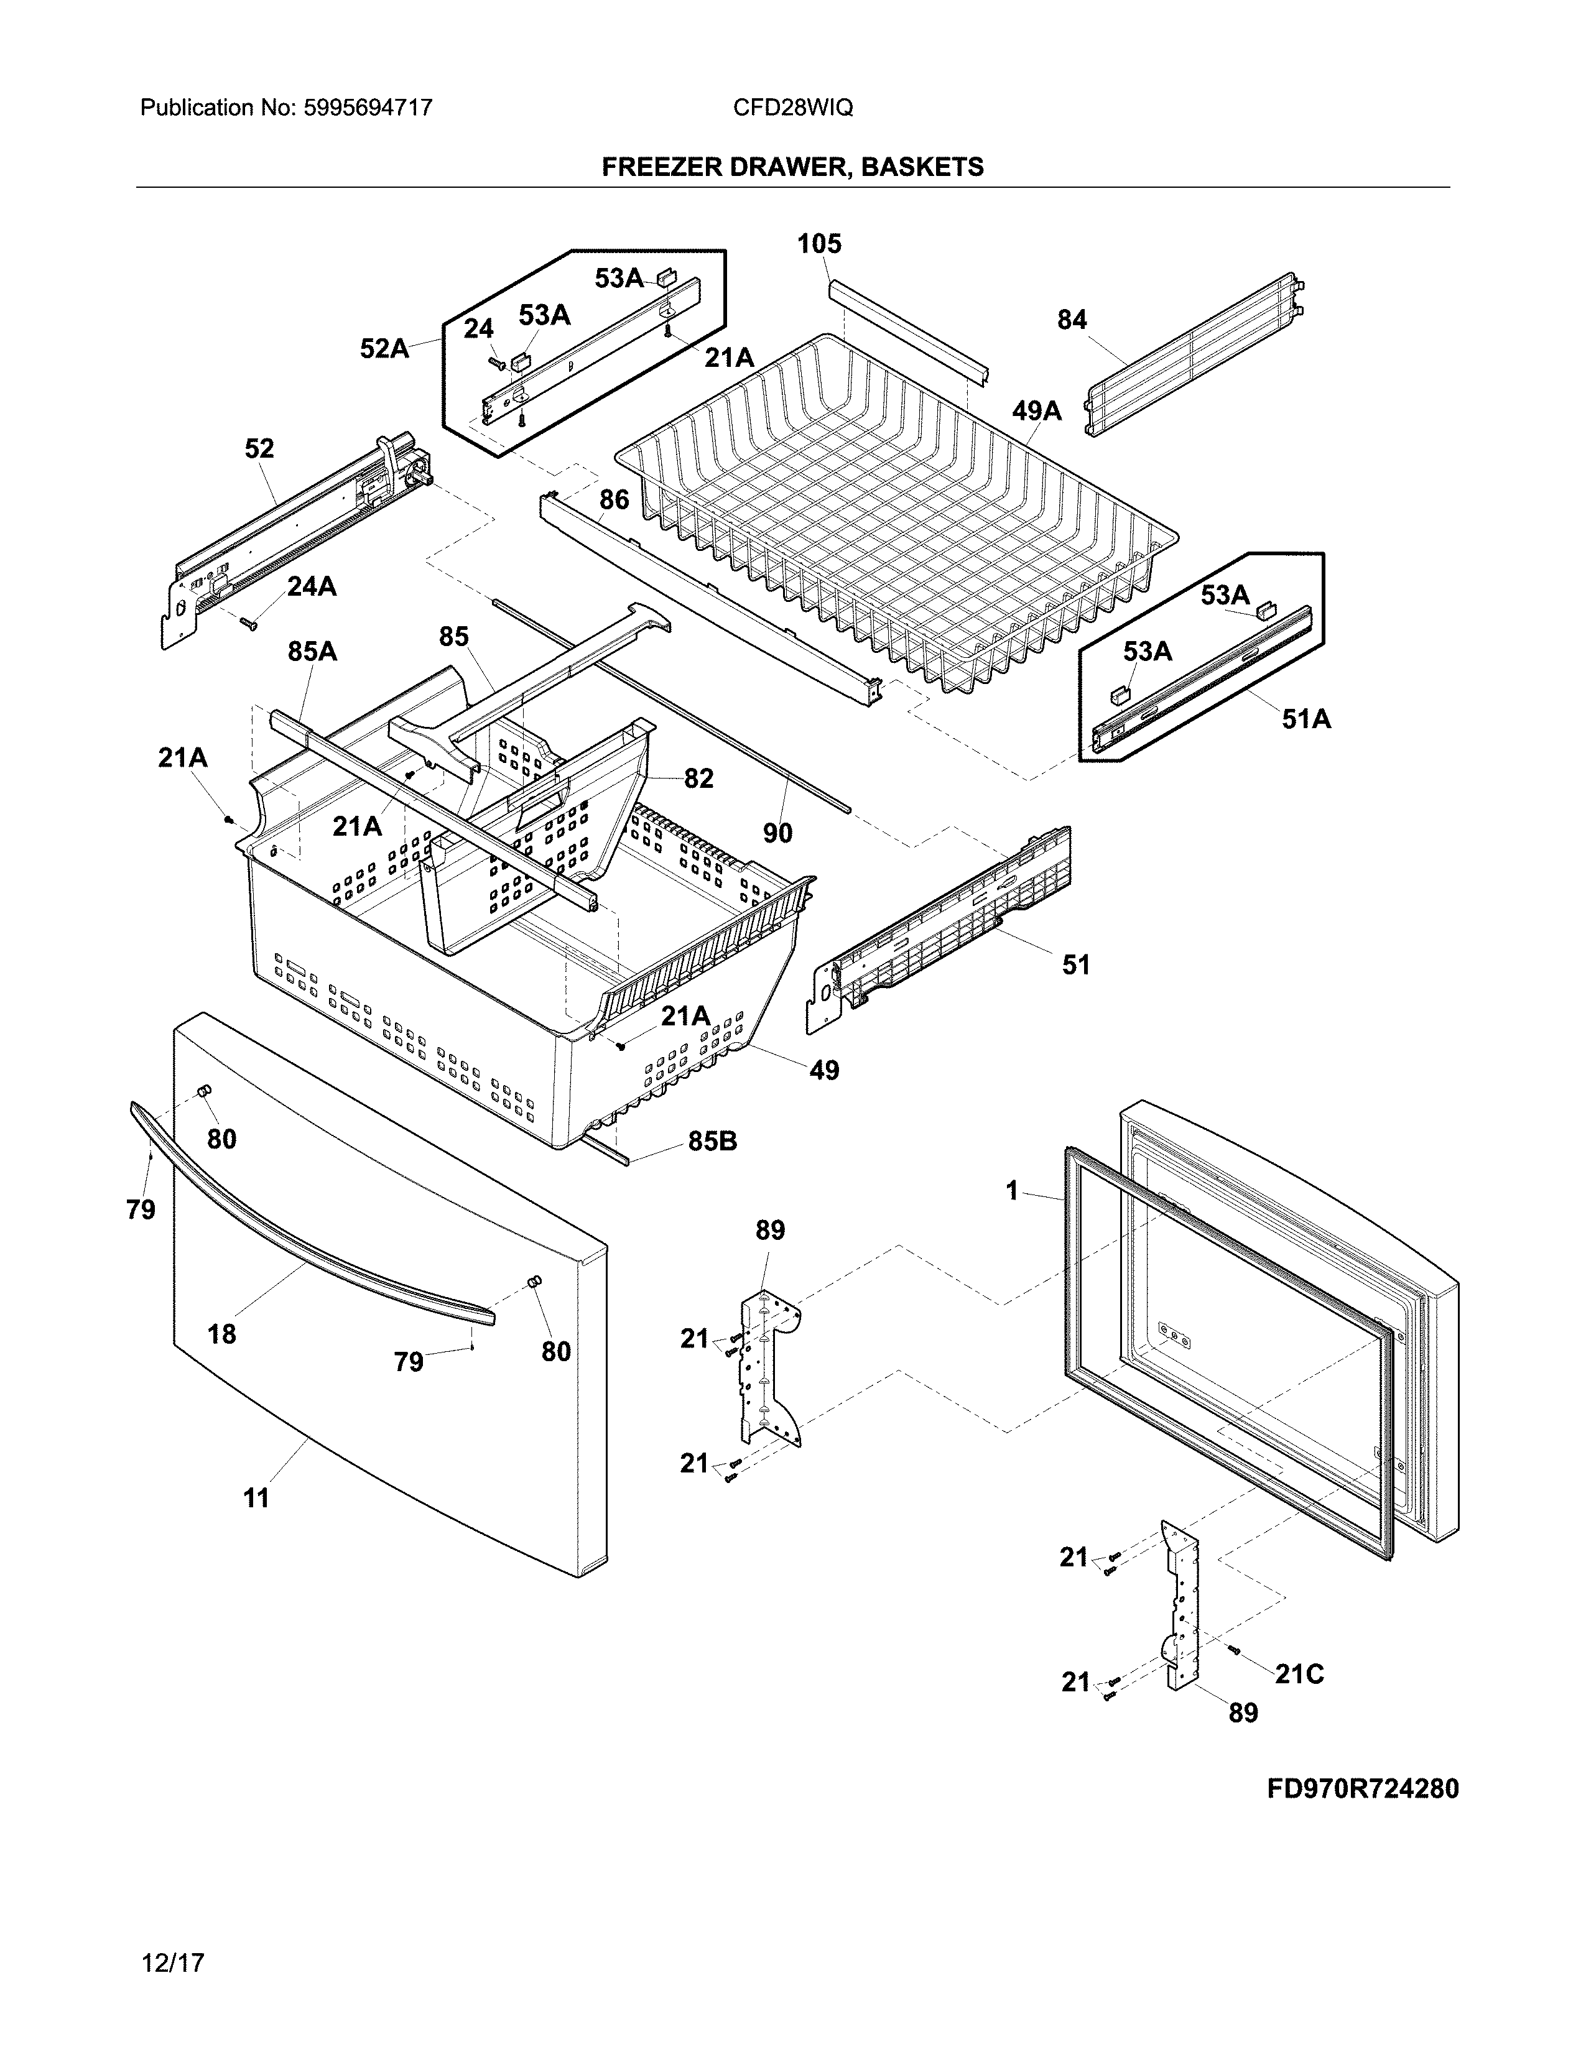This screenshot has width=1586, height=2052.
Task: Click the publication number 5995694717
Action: pyautogui.click(x=368, y=108)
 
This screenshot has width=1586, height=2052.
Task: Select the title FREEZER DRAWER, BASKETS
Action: pyautogui.click(x=792, y=167)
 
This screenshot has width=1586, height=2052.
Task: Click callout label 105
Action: pyautogui.click(x=819, y=244)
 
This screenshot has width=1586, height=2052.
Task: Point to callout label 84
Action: pyautogui.click(x=1072, y=320)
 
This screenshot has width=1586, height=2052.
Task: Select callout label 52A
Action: pyautogui.click(x=384, y=349)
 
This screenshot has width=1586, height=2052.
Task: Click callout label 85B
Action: pyautogui.click(x=712, y=1142)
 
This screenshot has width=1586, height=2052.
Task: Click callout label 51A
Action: pyautogui.click(x=1307, y=719)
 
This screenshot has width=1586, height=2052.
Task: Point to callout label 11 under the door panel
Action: pyautogui.click(x=256, y=1498)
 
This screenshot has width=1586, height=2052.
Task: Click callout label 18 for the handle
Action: pyautogui.click(x=222, y=1334)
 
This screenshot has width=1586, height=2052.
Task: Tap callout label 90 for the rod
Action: pyautogui.click(x=778, y=833)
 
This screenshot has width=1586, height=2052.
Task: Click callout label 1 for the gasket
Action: pyautogui.click(x=1012, y=1191)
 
